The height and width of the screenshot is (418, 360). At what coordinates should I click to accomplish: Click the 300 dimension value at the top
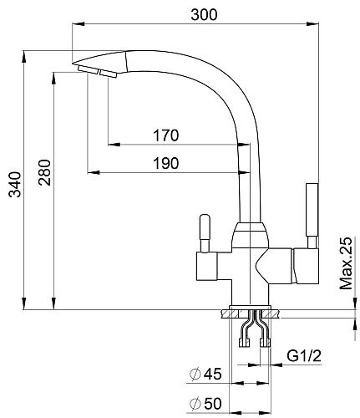tap(204, 14)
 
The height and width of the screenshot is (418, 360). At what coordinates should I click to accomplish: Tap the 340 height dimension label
tap(15, 185)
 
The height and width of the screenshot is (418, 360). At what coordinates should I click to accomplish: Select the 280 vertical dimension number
tap(45, 172)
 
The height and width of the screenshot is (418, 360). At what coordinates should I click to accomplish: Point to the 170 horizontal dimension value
tap(166, 135)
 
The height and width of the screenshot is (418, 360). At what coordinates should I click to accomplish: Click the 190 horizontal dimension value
tap(166, 163)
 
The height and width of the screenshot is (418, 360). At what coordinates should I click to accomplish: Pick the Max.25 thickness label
tap(346, 263)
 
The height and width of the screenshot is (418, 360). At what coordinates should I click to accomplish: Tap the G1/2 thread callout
tap(304, 356)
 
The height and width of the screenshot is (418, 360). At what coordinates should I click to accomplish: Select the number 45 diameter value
tap(213, 374)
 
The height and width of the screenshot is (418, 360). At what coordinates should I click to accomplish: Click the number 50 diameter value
tap(213, 403)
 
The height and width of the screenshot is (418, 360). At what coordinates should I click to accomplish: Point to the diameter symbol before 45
tap(195, 374)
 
